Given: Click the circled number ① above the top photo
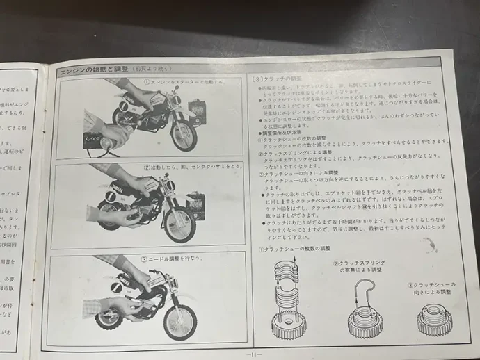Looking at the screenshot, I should (x=146, y=82).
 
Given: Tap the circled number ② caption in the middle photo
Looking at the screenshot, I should (x=146, y=167).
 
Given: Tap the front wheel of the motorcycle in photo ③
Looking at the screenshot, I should (x=179, y=322).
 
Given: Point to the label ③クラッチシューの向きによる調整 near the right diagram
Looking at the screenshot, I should (x=432, y=288).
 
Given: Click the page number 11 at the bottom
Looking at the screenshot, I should (x=253, y=353).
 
